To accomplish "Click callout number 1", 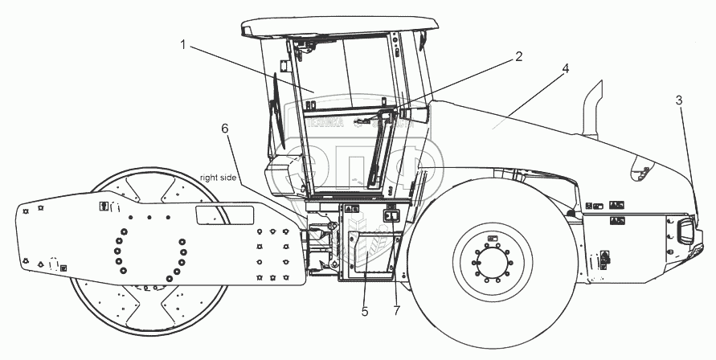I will coord(183,45).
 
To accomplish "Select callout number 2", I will coord(518,56).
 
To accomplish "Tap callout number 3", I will coord(679,100).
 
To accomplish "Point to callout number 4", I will coord(566,69).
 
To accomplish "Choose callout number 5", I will coord(365,310).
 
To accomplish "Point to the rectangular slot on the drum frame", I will coord(225,215).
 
